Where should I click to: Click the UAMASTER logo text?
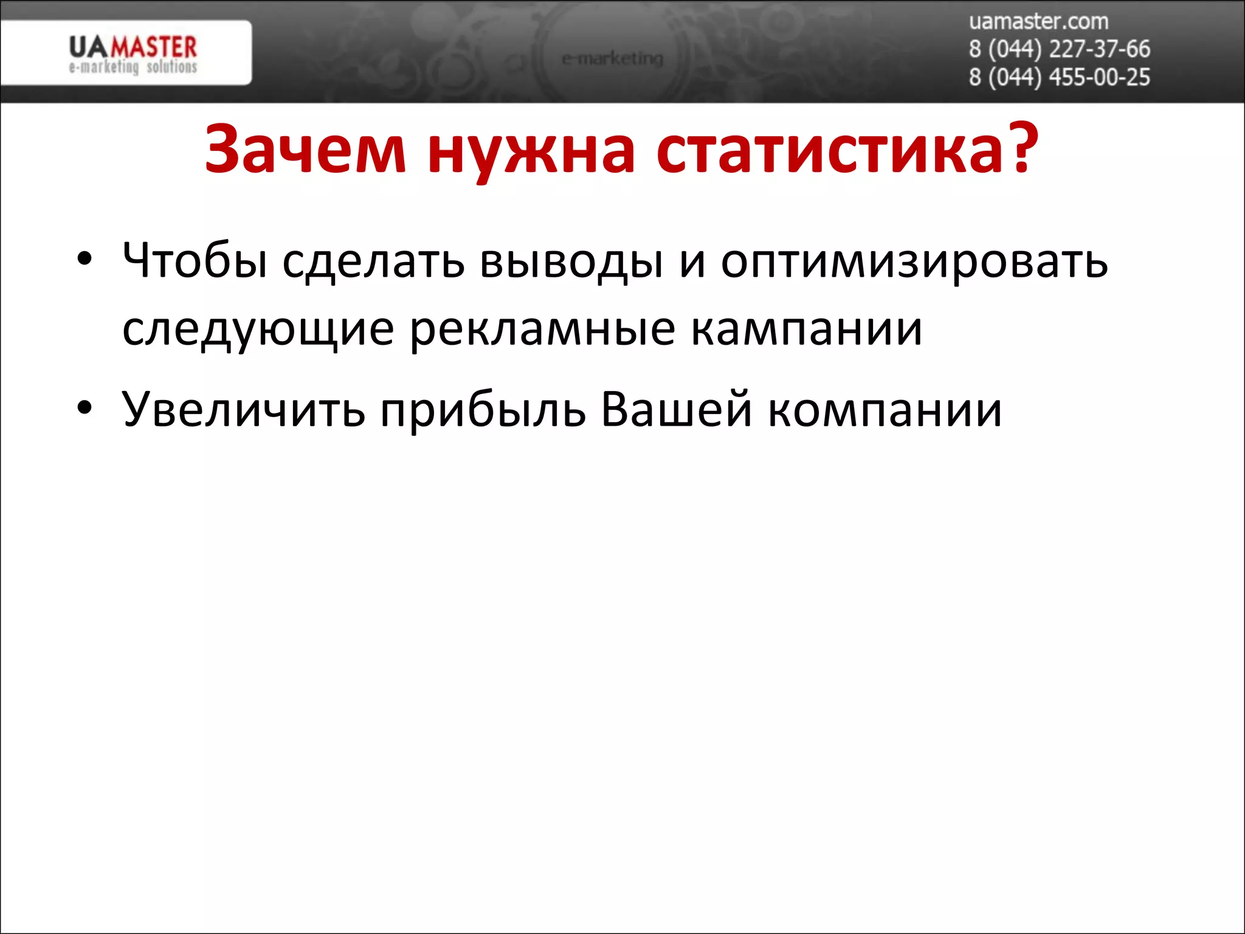tap(133, 47)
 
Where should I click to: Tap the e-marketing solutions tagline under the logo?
tap(133, 67)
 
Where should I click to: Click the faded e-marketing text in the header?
tap(612, 58)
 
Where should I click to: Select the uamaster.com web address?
tap(1038, 21)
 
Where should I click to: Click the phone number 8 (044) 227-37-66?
tap(1059, 49)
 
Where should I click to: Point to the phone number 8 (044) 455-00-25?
tap(1059, 78)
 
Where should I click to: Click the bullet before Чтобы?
tap(84, 259)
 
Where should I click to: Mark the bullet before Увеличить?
tap(84, 408)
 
